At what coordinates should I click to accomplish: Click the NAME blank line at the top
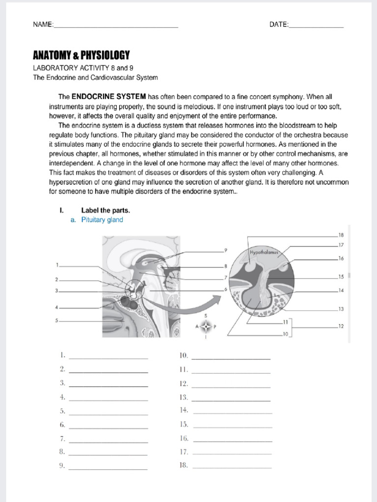[115, 26]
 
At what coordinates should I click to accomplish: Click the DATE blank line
[316, 26]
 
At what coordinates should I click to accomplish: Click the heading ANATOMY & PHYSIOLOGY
[81, 55]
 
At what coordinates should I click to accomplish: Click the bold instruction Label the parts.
[106, 210]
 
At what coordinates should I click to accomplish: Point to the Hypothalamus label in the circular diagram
[264, 252]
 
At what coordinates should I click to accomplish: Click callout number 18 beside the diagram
[341, 235]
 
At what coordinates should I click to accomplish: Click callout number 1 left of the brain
[57, 265]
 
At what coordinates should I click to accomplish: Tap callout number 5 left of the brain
[57, 321]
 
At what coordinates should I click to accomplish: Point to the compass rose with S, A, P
[205, 326]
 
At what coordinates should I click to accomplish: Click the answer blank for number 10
[231, 358]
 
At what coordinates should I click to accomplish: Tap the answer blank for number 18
[232, 467]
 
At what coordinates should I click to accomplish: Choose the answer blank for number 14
[232, 412]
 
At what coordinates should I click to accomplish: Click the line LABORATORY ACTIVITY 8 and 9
[83, 68]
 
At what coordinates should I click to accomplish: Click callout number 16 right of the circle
[341, 258]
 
